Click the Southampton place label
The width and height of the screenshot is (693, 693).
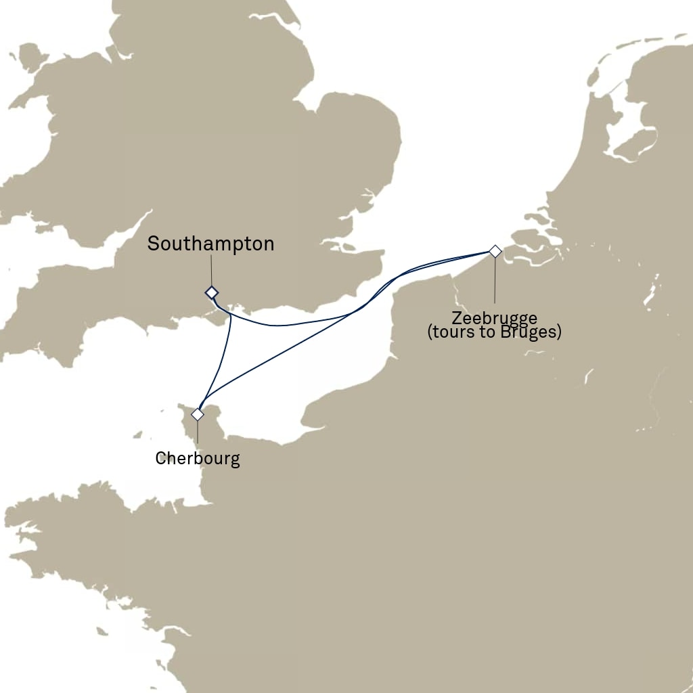210,244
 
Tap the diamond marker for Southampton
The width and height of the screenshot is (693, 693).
212,292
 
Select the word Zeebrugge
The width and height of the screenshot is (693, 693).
494,318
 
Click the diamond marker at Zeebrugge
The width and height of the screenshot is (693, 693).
495,252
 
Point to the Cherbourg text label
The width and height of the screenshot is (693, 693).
198,459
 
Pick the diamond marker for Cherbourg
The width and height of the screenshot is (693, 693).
198,414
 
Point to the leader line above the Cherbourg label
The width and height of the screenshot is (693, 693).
198,433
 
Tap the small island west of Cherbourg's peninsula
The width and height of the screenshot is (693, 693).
139,433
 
